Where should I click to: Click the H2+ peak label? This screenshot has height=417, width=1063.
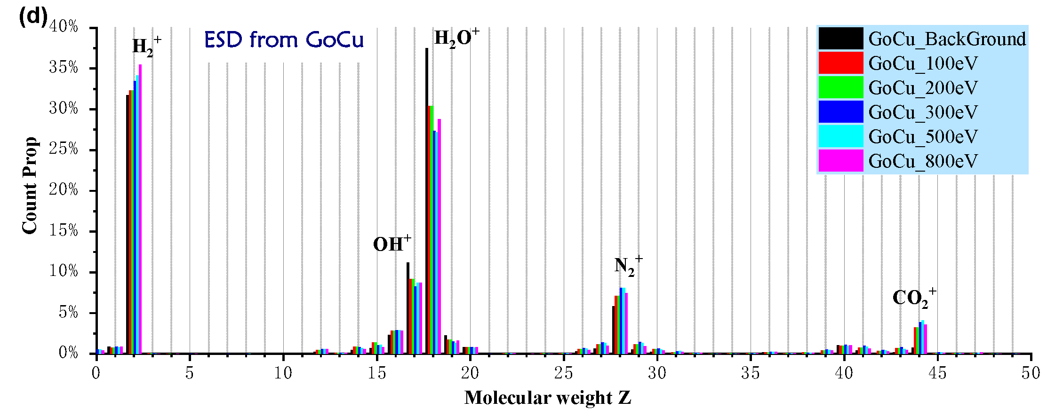(x=146, y=46)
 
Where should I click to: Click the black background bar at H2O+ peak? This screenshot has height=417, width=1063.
(x=427, y=202)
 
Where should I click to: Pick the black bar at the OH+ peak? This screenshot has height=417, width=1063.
(x=408, y=308)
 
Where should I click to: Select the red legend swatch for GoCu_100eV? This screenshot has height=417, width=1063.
(x=841, y=63)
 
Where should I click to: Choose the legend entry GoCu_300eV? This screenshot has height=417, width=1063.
(x=923, y=112)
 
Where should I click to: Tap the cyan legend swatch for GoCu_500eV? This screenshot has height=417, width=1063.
(x=841, y=136)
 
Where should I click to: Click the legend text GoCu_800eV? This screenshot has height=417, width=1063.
(x=923, y=161)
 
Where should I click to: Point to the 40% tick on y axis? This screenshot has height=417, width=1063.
(x=64, y=26)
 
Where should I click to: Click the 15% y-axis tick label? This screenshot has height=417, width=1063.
(x=64, y=230)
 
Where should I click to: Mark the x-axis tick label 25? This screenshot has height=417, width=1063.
(x=563, y=373)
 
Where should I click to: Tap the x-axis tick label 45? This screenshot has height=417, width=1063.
(x=937, y=373)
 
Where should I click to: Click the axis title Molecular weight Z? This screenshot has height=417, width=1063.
(x=547, y=398)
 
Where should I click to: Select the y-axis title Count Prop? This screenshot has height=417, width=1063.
(x=30, y=185)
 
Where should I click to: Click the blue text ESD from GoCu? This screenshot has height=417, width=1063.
(x=284, y=39)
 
